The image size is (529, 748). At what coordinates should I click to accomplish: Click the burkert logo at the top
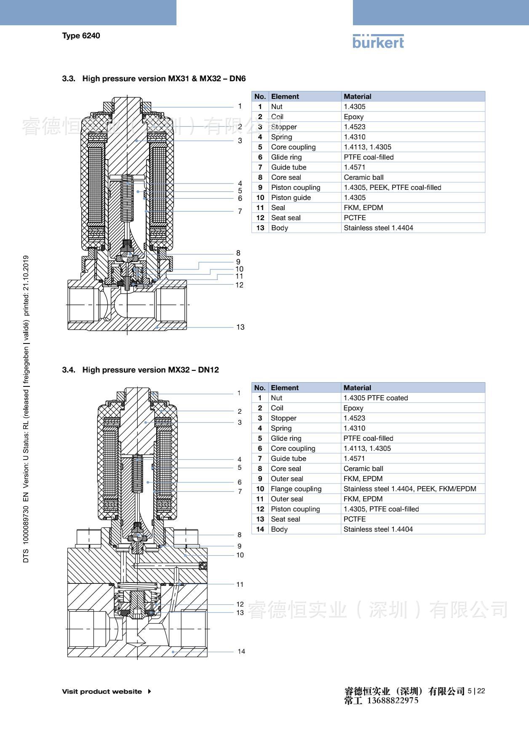click(x=378, y=41)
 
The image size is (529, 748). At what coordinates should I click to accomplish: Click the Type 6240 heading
click(x=81, y=36)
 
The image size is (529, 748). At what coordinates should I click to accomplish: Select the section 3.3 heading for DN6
click(x=154, y=79)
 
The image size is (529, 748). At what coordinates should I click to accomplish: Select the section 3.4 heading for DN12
click(x=141, y=370)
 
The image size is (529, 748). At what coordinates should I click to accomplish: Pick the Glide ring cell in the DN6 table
click(x=286, y=157)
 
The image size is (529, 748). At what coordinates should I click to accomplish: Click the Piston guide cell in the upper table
click(x=291, y=197)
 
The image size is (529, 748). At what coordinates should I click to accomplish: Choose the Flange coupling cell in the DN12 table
click(x=296, y=489)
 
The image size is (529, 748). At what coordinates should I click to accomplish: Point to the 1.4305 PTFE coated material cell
click(x=376, y=398)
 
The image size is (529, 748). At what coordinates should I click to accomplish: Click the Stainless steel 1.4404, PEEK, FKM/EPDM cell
click(x=410, y=489)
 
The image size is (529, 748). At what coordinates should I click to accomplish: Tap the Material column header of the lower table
click(x=357, y=388)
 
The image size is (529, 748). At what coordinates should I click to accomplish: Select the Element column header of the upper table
click(x=285, y=96)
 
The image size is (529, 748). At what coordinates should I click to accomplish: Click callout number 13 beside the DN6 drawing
click(x=240, y=327)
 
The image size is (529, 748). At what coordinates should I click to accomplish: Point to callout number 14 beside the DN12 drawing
click(x=241, y=651)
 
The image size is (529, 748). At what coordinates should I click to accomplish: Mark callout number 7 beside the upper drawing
click(x=240, y=211)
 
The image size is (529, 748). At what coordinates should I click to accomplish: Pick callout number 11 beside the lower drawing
click(x=240, y=584)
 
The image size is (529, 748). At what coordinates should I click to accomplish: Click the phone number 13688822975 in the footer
click(x=393, y=700)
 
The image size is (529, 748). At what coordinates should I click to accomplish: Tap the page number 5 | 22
click(x=476, y=691)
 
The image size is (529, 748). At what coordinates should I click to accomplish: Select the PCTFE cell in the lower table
click(x=355, y=519)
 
